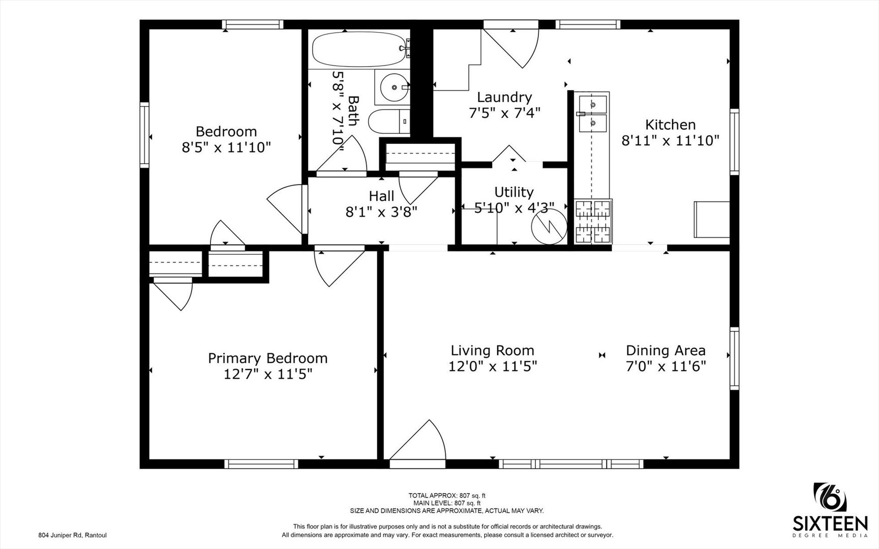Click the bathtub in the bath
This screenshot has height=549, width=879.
pos(359,49)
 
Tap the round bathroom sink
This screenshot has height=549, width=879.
pos(394,87)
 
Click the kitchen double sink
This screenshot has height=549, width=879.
pos(592,113)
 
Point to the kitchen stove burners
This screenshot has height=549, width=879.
pos(593,221)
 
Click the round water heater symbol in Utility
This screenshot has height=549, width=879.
pos(549,227)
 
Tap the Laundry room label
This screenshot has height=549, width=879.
pos(504,97)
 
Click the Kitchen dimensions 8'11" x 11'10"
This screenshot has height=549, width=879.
pos(670,140)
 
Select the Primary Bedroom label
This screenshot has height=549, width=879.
pos(267,358)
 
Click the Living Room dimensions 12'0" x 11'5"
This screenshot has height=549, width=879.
pos(492,366)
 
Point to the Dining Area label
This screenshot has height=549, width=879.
pos(665,350)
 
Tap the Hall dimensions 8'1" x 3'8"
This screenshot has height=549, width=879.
pos(381,211)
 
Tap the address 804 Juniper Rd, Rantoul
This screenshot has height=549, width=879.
pos(72,535)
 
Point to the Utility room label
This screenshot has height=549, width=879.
pos(514,192)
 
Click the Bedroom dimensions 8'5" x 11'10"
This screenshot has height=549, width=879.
pos(226,147)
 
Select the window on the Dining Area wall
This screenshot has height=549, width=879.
pos(734,358)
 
